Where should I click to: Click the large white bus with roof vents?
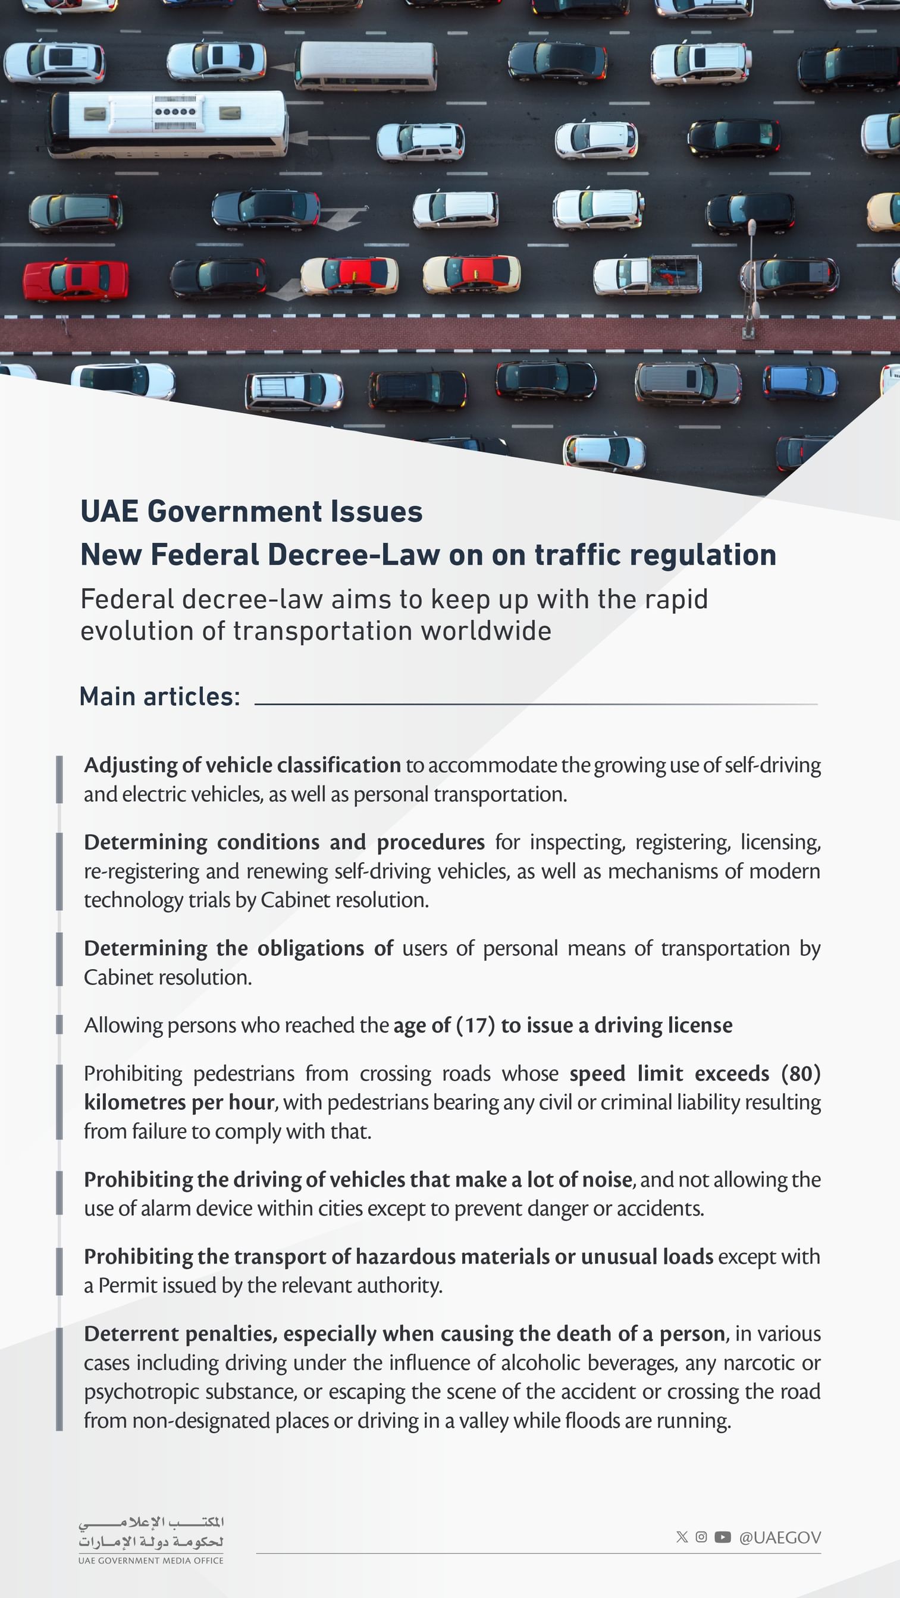tap(168, 124)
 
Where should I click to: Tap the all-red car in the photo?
tap(76, 281)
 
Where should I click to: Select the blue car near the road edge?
tap(799, 382)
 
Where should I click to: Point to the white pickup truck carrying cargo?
tap(647, 275)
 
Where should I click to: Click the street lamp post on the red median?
tap(751, 279)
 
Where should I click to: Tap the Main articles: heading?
tap(159, 697)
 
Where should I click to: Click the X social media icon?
tap(682, 1537)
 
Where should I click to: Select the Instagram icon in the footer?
tap(701, 1537)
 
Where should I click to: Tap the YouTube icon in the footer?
tap(723, 1537)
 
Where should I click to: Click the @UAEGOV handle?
tap(780, 1537)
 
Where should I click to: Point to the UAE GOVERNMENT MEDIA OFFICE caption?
tap(151, 1560)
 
